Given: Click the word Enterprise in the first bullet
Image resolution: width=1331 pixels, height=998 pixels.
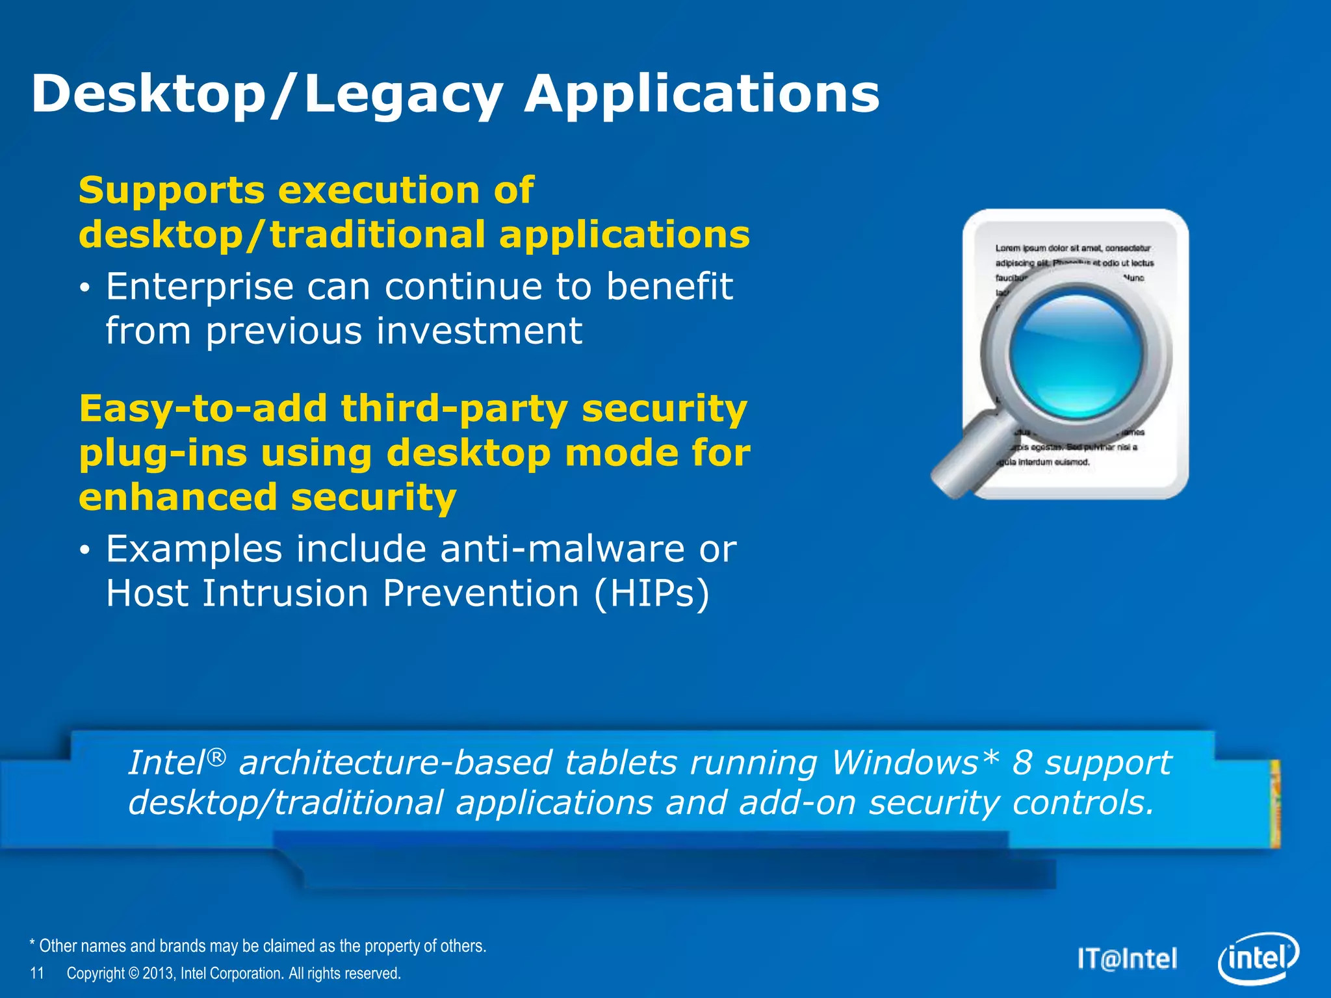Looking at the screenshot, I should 200,287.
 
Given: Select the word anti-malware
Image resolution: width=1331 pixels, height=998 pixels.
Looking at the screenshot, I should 562,549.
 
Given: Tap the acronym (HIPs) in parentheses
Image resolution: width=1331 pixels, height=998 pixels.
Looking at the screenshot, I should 651,594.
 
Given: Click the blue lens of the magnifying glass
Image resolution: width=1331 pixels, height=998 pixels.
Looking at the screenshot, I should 1076,355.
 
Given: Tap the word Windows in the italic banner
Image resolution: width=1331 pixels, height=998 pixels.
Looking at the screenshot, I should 904,763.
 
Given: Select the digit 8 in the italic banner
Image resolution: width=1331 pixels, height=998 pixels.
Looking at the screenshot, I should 1022,763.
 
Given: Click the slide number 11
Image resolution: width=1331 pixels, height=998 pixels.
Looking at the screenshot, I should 37,973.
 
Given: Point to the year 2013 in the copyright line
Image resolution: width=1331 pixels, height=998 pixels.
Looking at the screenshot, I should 158,973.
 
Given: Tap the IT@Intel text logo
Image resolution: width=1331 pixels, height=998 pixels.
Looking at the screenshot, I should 1127,959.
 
